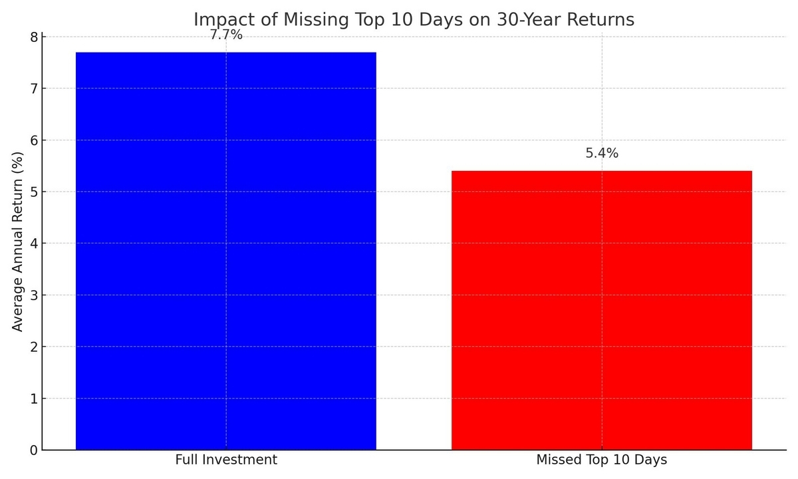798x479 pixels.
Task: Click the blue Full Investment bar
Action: [226, 251]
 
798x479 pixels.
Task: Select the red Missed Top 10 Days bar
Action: [602, 310]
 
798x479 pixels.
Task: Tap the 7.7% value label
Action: [226, 35]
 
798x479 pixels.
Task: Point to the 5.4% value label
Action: [602, 153]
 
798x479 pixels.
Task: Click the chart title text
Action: [414, 19]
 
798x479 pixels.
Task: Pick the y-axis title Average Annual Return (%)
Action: [17, 241]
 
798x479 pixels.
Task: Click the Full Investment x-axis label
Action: [226, 460]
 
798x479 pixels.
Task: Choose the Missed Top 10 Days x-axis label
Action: [602, 460]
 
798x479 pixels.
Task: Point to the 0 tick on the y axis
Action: [34, 450]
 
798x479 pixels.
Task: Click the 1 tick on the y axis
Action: [34, 399]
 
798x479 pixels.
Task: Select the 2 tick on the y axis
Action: [34, 347]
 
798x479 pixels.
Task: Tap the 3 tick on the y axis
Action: [34, 295]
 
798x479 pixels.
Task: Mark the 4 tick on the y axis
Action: [34, 243]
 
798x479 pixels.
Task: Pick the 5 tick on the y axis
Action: [34, 192]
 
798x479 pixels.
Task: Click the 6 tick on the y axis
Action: [34, 140]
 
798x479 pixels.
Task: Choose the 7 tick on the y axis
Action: [34, 88]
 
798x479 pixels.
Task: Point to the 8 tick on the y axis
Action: [34, 37]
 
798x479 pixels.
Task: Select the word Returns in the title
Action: [600, 19]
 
